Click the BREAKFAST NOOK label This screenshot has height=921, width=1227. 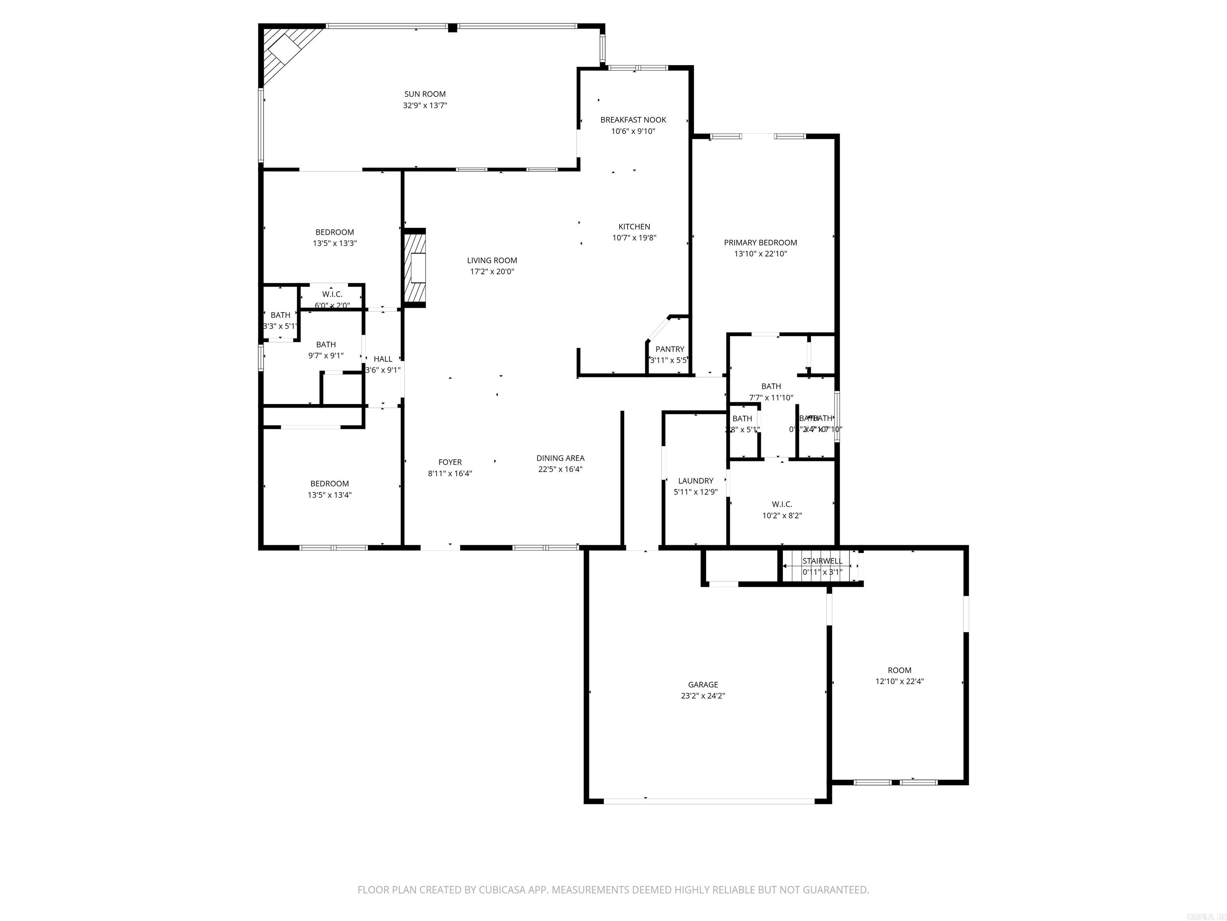tap(633, 120)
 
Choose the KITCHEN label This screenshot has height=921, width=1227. tap(634, 227)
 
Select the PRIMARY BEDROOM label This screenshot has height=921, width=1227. tap(760, 243)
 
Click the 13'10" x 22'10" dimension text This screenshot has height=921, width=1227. tap(760, 254)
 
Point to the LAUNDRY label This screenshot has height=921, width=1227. tap(696, 481)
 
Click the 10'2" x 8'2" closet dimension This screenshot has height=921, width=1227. tap(782, 515)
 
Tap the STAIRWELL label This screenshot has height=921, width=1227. tap(822, 561)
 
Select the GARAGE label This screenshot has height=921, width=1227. tap(703, 684)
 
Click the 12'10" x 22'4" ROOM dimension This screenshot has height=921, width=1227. tap(899, 681)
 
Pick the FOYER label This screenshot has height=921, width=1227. tap(450, 462)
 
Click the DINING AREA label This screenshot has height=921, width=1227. tap(560, 458)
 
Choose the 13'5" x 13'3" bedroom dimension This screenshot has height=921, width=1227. tap(334, 243)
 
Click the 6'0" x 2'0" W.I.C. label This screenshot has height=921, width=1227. tap(332, 305)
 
